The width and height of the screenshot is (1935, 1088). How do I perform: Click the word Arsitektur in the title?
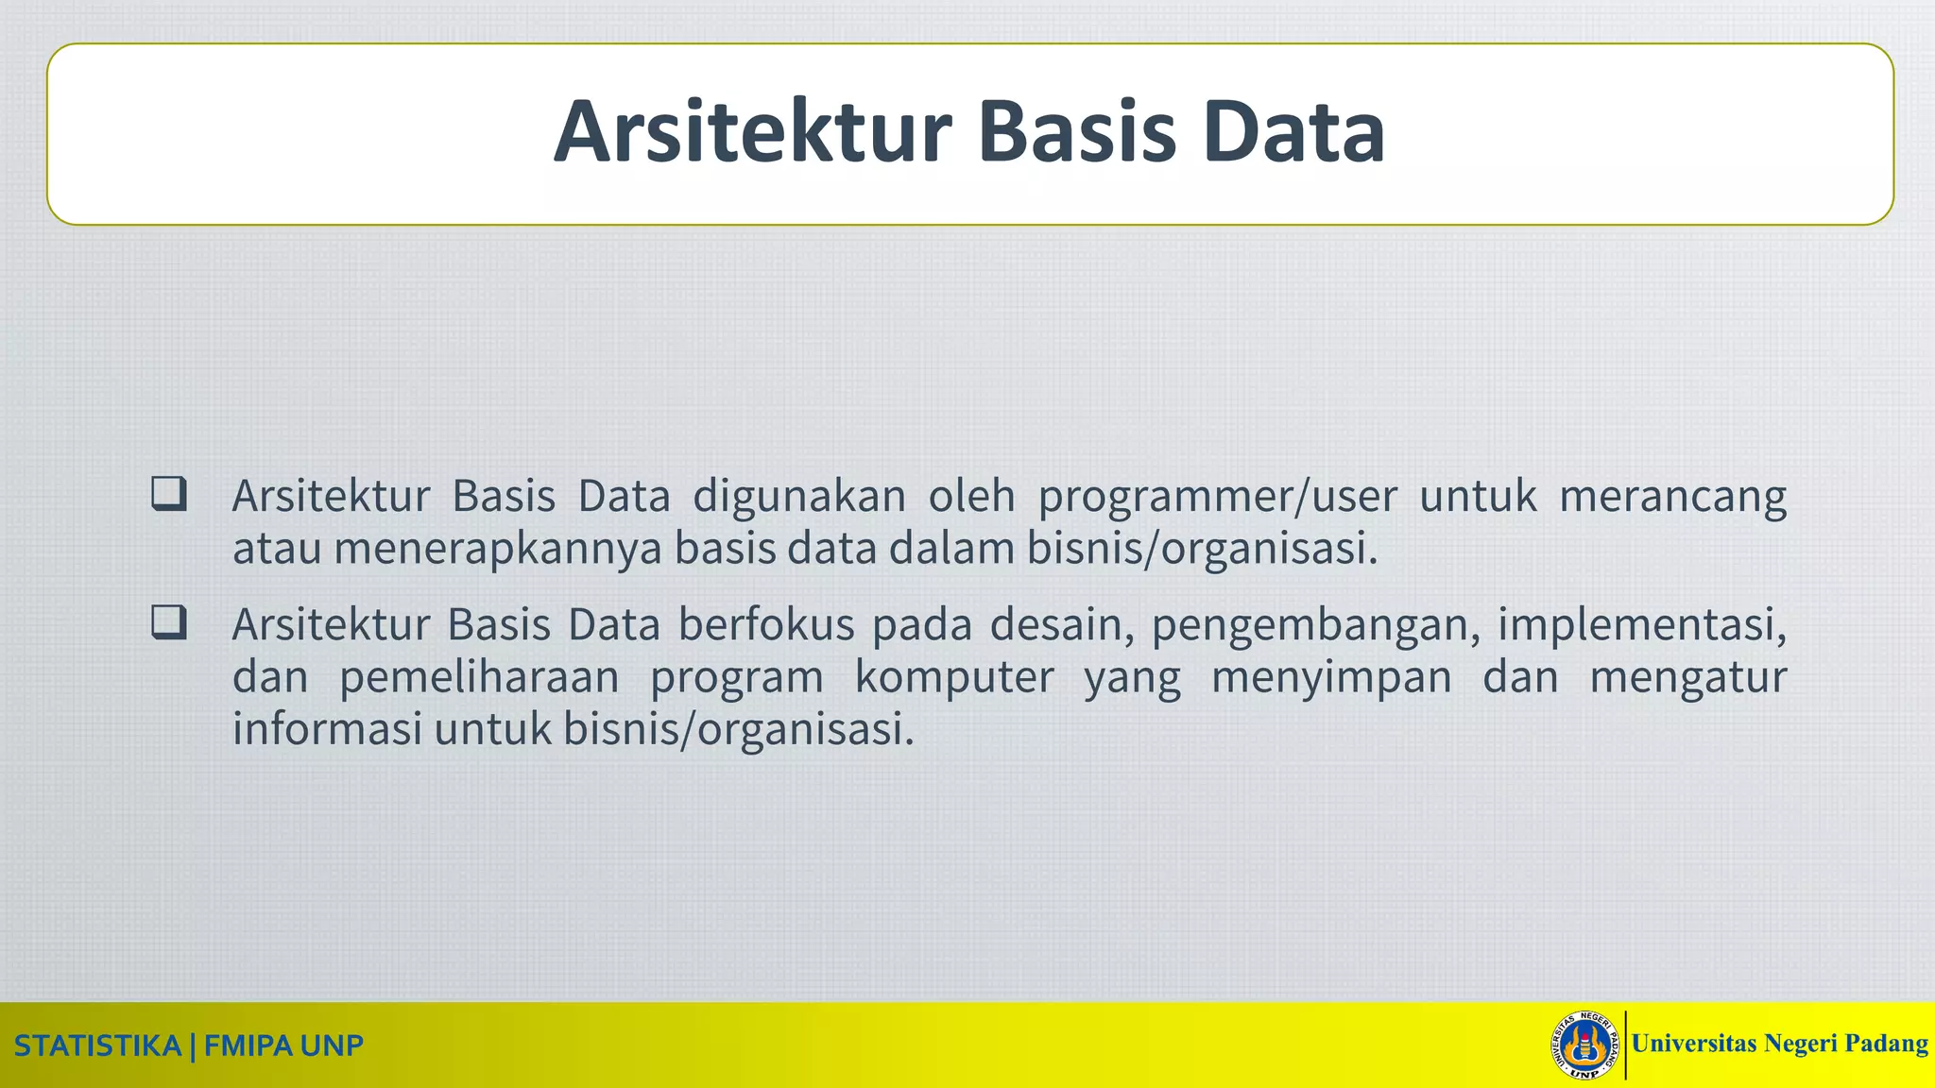click(752, 132)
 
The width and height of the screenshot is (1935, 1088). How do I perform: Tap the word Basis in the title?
click(1077, 132)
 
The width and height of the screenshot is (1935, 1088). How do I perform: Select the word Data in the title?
click(1294, 132)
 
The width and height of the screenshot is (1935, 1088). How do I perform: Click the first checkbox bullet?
click(169, 495)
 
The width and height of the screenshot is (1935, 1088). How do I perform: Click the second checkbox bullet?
click(169, 623)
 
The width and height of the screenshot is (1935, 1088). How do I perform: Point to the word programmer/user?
click(1217, 497)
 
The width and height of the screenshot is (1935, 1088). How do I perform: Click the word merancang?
click(1672, 497)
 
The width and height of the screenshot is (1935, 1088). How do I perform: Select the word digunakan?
click(799, 497)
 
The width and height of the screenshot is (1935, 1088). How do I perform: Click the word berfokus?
click(765, 625)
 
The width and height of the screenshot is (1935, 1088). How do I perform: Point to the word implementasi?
click(1641, 625)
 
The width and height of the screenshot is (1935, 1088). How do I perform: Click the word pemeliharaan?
click(479, 678)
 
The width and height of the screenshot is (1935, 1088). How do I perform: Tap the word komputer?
click(954, 678)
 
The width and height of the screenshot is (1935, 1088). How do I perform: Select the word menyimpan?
click(1330, 678)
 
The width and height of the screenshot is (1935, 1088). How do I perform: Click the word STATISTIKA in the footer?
click(97, 1046)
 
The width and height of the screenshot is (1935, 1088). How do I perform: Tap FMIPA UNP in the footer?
click(283, 1046)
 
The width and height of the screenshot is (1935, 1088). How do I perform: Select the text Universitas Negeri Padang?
click(1779, 1044)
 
